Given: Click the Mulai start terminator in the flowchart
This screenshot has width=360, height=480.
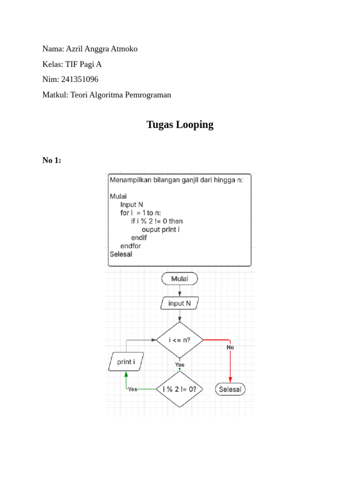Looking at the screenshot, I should (180, 279).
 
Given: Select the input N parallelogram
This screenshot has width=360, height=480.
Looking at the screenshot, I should (180, 303).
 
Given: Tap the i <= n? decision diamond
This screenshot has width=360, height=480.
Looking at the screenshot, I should (180, 340).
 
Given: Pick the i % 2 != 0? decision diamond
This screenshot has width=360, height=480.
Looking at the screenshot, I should (180, 389).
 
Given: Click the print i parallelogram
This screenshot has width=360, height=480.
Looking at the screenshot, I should (125, 362).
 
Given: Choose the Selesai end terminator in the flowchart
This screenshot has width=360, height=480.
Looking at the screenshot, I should (230, 389).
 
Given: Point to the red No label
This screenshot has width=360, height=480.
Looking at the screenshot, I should (230, 347).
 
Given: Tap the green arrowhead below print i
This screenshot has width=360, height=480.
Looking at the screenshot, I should (126, 374).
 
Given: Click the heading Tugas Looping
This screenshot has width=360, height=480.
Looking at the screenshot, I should (180, 125).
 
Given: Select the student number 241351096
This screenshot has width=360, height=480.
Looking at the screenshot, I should (80, 79).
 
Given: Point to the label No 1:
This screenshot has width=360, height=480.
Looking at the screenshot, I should (52, 161).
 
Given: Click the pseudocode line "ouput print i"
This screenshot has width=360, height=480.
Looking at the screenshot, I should (161, 229).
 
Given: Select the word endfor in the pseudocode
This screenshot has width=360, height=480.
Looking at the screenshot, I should (131, 246).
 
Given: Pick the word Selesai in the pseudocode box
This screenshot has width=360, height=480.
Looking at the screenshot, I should (121, 254).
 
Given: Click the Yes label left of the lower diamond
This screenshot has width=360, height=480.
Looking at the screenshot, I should (133, 389).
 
